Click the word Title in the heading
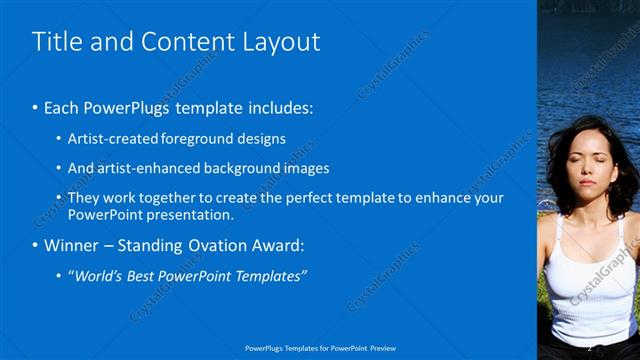(56, 41)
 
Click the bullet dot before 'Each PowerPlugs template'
(36, 106)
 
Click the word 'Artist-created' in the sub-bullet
(105, 139)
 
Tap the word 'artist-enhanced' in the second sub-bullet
(143, 168)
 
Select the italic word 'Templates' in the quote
(269, 275)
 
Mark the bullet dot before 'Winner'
(36, 245)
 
